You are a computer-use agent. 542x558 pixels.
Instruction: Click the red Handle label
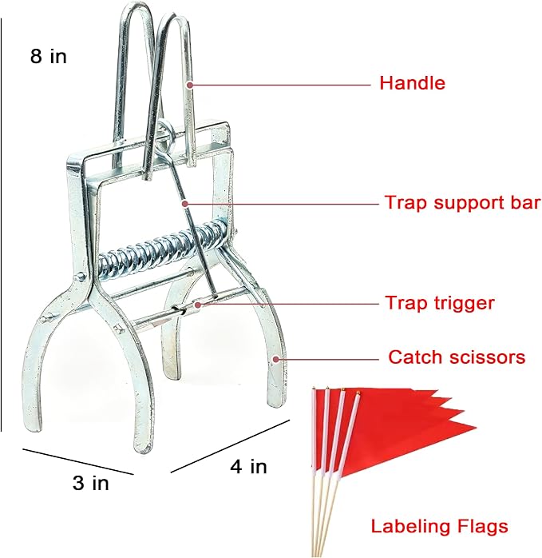pos(412,83)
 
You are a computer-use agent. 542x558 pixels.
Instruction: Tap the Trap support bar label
pos(463,202)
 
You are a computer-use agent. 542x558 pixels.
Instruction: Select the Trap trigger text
pos(440,303)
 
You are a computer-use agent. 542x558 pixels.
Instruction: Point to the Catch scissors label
pos(457,357)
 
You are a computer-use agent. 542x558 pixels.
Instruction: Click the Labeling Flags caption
pos(440,526)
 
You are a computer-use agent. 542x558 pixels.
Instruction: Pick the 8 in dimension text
pos(49,56)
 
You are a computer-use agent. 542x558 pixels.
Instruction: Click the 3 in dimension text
pos(91,483)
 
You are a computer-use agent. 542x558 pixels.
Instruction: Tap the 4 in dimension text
pos(248,466)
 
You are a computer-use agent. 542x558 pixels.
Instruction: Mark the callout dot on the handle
pos(190,85)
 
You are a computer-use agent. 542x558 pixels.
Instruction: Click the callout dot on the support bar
pos(184,204)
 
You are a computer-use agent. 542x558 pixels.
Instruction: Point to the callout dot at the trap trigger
pos(198,305)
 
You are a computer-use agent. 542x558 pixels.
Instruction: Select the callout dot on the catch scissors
pos(276,360)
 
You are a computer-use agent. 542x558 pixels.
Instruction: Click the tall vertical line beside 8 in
pos(1,225)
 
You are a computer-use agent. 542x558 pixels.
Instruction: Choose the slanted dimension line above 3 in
pos(78,461)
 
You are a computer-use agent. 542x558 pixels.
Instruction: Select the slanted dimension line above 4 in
pos(231,446)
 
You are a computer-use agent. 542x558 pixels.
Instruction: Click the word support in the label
pos(467,204)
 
